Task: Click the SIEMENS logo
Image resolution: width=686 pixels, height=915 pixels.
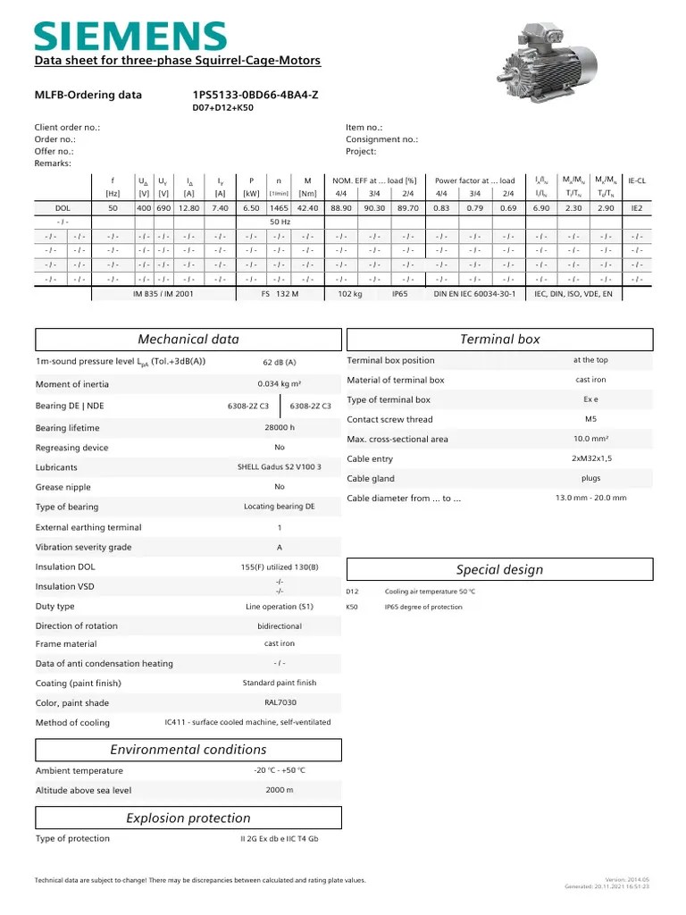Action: click(x=130, y=35)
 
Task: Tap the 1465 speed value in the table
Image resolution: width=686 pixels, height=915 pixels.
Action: click(x=279, y=207)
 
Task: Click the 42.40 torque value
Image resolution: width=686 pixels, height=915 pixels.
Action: click(x=307, y=207)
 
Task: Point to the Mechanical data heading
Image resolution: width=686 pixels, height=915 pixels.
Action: click(x=188, y=339)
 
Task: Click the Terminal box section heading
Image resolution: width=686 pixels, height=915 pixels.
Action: click(x=499, y=339)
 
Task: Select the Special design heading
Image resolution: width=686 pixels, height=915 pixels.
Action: click(x=499, y=570)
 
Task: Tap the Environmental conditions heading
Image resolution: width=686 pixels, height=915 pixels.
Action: click(x=188, y=750)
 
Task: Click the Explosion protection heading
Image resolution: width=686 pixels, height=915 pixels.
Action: click(x=188, y=818)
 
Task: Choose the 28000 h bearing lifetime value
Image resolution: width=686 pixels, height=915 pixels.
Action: click(x=280, y=428)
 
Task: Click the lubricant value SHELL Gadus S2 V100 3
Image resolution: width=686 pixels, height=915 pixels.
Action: click(x=280, y=467)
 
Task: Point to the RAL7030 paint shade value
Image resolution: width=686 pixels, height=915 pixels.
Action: click(x=280, y=703)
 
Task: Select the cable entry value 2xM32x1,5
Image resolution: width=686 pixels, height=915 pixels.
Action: click(x=590, y=458)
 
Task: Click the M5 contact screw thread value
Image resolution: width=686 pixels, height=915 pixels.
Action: click(x=590, y=419)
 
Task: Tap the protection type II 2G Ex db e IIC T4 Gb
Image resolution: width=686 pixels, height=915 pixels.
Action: click(x=280, y=839)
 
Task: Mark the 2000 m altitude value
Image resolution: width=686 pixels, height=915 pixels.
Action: click(x=280, y=791)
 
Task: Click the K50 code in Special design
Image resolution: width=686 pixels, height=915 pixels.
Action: click(x=352, y=608)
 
